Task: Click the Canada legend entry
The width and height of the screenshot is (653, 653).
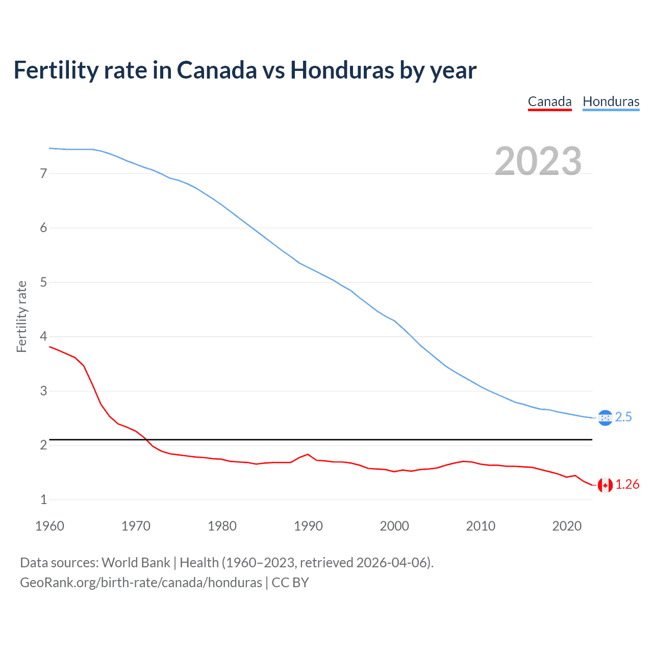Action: pyautogui.click(x=549, y=102)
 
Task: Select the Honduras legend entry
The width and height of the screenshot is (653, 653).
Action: pyautogui.click(x=611, y=102)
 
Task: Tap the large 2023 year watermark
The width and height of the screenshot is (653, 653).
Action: pyautogui.click(x=538, y=161)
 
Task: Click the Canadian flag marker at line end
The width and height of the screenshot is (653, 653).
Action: pyautogui.click(x=605, y=485)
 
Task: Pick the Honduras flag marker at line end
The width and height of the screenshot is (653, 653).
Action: pyautogui.click(x=605, y=418)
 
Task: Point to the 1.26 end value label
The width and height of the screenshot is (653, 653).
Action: pyautogui.click(x=627, y=485)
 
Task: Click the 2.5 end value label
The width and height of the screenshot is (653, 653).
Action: pyautogui.click(x=623, y=417)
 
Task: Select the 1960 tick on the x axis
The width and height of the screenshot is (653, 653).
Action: pyautogui.click(x=49, y=526)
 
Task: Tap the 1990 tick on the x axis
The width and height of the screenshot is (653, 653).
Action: pyautogui.click(x=308, y=526)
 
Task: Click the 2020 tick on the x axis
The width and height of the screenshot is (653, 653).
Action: pyautogui.click(x=567, y=526)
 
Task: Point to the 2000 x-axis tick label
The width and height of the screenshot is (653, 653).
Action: pyautogui.click(x=394, y=526)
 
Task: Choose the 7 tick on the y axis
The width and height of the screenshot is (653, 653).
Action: pyautogui.click(x=43, y=173)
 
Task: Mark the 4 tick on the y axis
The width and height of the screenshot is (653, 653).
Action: pyautogui.click(x=43, y=337)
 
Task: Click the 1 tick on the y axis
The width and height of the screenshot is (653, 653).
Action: pyautogui.click(x=43, y=500)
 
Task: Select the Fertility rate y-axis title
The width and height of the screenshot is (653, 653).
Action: pyautogui.click(x=21, y=316)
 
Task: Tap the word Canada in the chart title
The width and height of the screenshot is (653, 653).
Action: pyautogui.click(x=217, y=70)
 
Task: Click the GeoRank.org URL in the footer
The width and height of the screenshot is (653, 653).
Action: pyautogui.click(x=141, y=583)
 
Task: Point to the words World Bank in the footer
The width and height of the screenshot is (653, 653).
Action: pyautogui.click(x=136, y=563)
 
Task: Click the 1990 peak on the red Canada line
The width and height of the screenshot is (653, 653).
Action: pyautogui.click(x=308, y=454)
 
